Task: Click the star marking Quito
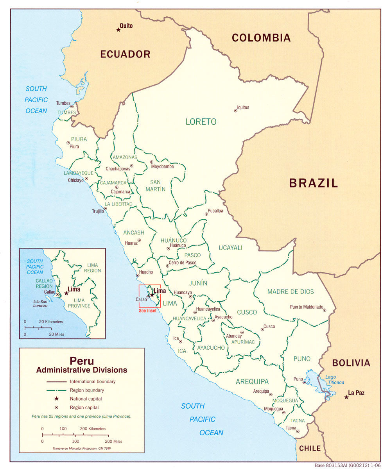[118, 30]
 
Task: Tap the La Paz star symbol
[346, 397]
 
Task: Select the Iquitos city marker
[235, 111]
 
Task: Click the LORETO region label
[201, 122]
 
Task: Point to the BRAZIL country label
[313, 183]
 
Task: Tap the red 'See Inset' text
[147, 311]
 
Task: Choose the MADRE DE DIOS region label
[291, 291]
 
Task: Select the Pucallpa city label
[215, 211]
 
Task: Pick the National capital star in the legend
[57, 399]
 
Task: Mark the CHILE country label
[310, 448]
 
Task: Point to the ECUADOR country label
[125, 54]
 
